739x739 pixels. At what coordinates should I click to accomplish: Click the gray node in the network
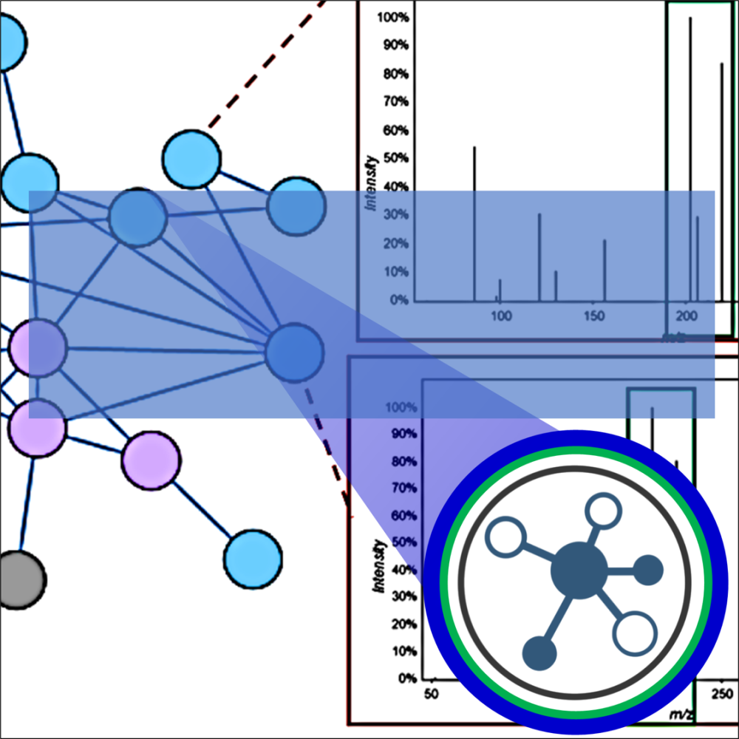[18, 579]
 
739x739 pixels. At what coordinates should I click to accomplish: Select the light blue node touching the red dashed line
[191, 158]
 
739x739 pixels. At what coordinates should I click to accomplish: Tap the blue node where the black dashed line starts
[295, 353]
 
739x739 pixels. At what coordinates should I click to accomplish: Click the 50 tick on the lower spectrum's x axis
[431, 694]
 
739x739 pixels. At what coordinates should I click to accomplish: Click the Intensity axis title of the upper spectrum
[372, 181]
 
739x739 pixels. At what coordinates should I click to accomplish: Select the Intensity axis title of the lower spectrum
[379, 566]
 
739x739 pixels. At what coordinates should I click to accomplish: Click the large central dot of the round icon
[579, 570]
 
